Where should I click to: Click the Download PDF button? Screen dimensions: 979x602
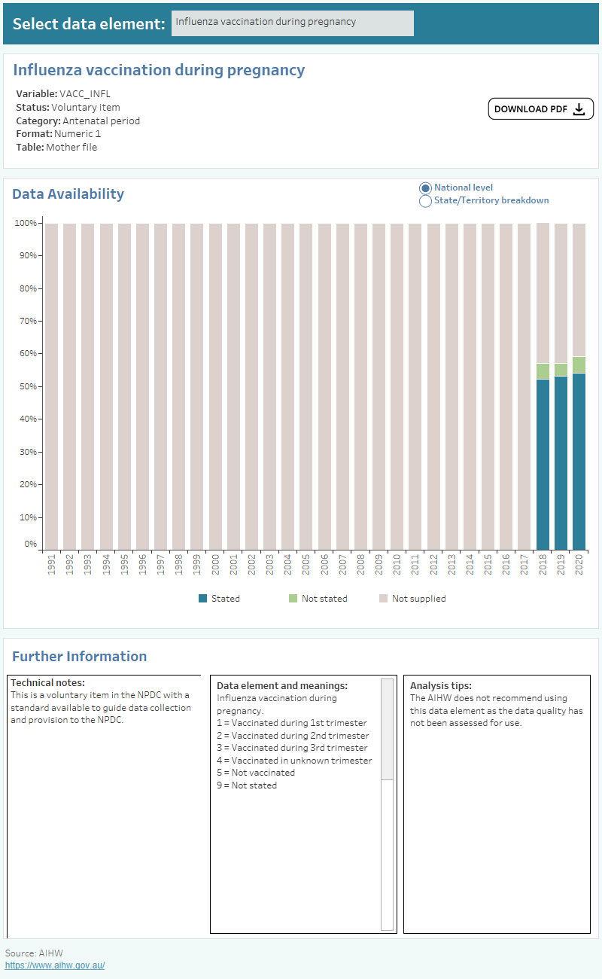coord(540,109)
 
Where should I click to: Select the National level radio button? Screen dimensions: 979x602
coord(425,188)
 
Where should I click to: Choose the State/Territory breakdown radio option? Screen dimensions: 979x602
coord(425,201)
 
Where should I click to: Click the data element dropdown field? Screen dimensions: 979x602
coord(292,23)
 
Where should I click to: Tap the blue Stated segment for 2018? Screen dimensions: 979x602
coord(543,464)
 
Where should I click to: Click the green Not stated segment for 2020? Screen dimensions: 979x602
coord(579,364)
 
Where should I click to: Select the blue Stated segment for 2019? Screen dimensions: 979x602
coord(561,462)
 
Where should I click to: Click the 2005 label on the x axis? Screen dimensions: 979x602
coord(306,566)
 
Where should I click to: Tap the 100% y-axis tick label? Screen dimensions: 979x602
coord(26,223)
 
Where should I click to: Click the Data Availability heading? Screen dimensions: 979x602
coord(68,194)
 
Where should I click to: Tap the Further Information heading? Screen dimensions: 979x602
coord(79,656)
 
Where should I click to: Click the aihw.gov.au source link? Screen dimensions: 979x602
coord(55,965)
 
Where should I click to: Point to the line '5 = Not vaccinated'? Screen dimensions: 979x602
coord(256,773)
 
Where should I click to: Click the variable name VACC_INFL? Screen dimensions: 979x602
coord(84,94)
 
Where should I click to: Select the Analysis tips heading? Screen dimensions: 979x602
coord(440,686)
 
